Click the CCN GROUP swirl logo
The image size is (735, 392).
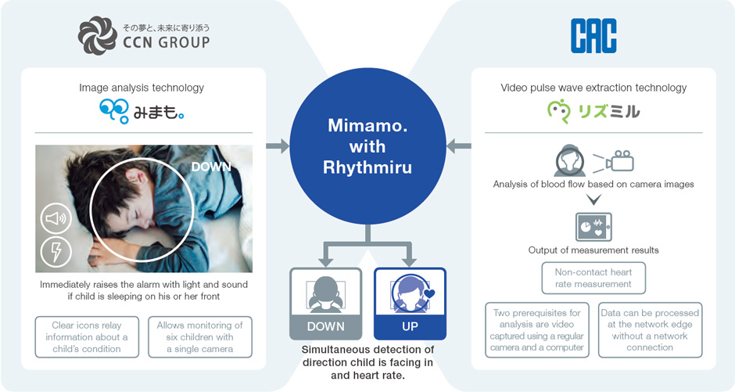[x=98, y=36]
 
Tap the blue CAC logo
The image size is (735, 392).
[x=593, y=36]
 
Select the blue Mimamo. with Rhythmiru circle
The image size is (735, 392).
[x=367, y=146]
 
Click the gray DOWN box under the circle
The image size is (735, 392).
[x=326, y=304]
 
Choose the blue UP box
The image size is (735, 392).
[x=411, y=304]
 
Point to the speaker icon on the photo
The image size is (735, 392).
[x=56, y=218]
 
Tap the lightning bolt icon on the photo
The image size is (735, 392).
[x=56, y=252]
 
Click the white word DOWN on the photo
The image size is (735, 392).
[x=211, y=167]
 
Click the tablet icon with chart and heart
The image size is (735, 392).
[x=593, y=227]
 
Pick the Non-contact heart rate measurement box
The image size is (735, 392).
[x=593, y=278]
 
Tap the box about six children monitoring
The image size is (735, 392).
[x=199, y=337]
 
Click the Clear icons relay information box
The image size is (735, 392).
[x=87, y=337]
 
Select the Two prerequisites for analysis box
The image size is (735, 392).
[x=536, y=330]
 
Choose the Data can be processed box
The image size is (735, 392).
[x=650, y=330]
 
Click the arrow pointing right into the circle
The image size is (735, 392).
[x=278, y=146]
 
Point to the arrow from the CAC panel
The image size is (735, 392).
[x=458, y=146]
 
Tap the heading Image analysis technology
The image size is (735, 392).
[x=142, y=88]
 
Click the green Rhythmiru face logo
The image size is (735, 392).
[x=559, y=111]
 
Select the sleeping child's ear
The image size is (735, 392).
[x=132, y=177]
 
